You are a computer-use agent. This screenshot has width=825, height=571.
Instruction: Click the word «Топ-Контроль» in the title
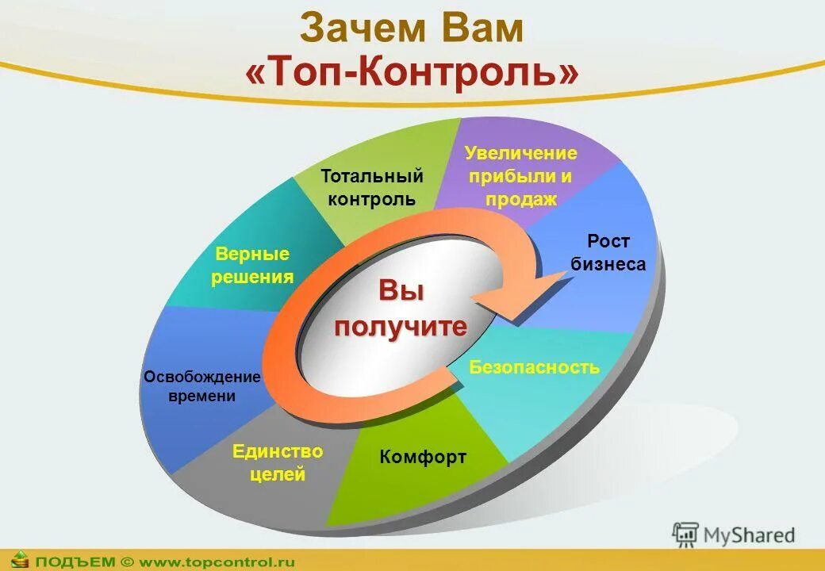pyautogui.click(x=412, y=73)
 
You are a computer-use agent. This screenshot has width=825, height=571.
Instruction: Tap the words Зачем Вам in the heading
pyautogui.click(x=412, y=29)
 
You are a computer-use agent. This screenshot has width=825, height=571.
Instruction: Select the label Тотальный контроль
pyautogui.click(x=371, y=187)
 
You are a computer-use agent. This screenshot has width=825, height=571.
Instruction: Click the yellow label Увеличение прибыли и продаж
pyautogui.click(x=521, y=175)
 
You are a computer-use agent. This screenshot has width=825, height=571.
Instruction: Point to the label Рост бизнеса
pyautogui.click(x=608, y=252)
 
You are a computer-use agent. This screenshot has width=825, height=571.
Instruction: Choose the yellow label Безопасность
pyautogui.click(x=534, y=367)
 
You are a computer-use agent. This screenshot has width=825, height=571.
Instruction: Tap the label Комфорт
pyautogui.click(x=423, y=457)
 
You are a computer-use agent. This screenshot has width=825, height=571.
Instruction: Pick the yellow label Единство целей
pyautogui.click(x=278, y=463)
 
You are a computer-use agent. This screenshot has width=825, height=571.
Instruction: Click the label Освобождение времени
pyautogui.click(x=202, y=385)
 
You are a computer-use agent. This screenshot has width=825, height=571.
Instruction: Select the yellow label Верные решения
pyautogui.click(x=252, y=266)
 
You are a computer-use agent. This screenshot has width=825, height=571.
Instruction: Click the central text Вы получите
pyautogui.click(x=401, y=308)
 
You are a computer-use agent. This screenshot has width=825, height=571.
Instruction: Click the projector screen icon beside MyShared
pyautogui.click(x=685, y=534)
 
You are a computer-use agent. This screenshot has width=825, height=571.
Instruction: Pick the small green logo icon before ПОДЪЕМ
pyautogui.click(x=19, y=560)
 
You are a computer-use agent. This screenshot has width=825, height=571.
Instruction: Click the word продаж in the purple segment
pyautogui.click(x=521, y=199)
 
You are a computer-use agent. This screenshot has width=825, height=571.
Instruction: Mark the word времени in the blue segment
pyautogui.click(x=202, y=396)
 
